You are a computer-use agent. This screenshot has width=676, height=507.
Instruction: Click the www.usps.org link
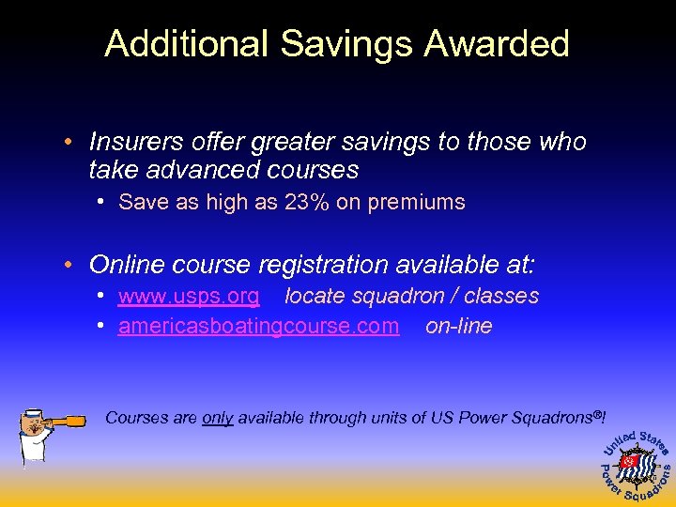point(189,297)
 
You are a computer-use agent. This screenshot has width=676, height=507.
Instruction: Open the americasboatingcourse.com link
point(258,327)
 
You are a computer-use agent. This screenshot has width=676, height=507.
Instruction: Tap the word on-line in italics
point(458,327)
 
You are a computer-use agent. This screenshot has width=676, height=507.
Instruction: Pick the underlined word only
point(217,418)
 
